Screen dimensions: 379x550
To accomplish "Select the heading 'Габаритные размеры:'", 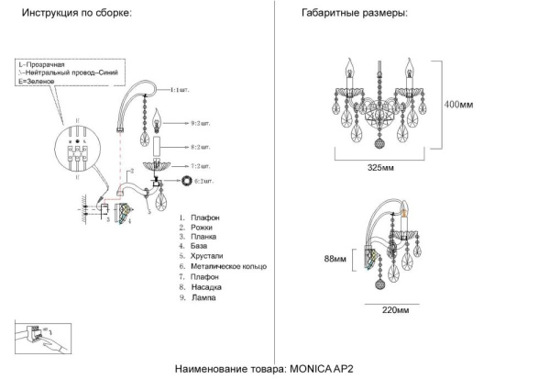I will (354, 15).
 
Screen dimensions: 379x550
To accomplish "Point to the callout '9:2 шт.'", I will (201, 122).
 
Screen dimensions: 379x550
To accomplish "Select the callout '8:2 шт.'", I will (201, 147).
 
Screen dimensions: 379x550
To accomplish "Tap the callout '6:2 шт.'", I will (201, 183).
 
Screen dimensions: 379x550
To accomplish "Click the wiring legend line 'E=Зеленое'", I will (38, 83).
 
